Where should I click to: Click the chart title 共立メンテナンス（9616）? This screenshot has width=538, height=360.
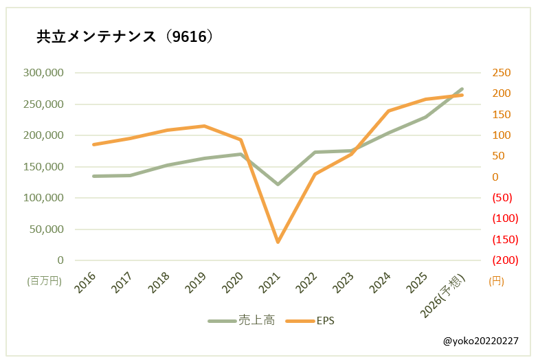[x=126, y=37]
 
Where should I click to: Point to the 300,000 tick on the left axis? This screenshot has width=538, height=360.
[x=43, y=73]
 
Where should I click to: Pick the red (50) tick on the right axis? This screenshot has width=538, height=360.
[x=504, y=198]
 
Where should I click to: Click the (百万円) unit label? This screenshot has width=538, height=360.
[x=45, y=281]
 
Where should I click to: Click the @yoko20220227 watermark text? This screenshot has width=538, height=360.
[x=480, y=341]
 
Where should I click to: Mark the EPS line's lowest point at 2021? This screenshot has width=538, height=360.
[x=278, y=242]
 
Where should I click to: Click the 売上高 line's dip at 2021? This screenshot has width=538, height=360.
[x=278, y=184]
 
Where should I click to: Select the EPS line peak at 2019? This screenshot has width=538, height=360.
[x=204, y=126]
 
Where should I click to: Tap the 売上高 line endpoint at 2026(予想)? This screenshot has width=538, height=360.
[x=462, y=89]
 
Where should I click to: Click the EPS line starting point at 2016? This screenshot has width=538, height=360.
[x=93, y=144]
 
